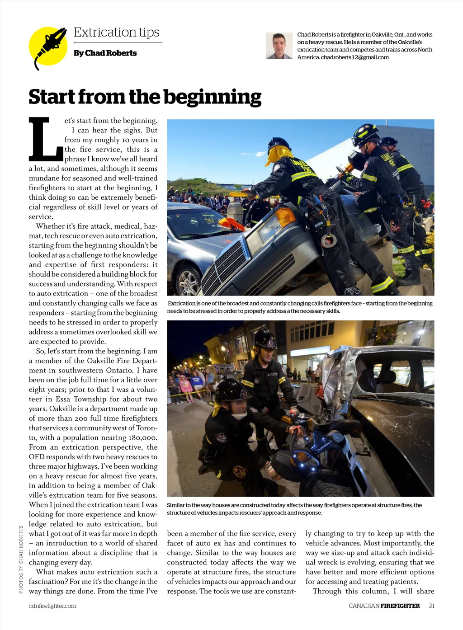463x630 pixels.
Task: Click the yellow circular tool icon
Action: [48, 47]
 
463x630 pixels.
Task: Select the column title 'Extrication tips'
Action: [117, 33]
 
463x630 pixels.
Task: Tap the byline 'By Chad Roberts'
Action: [105, 53]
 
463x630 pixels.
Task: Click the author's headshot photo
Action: [279, 46]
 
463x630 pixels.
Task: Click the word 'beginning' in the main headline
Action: [212, 97]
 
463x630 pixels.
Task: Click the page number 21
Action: [431, 606]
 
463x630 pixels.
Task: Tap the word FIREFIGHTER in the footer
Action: [400, 606]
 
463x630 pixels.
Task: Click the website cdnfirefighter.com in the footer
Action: [52, 606]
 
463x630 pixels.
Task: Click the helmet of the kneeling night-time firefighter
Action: [231, 391]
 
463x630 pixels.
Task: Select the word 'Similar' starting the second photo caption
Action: [176, 505]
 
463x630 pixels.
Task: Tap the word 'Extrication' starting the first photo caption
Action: [182, 304]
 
